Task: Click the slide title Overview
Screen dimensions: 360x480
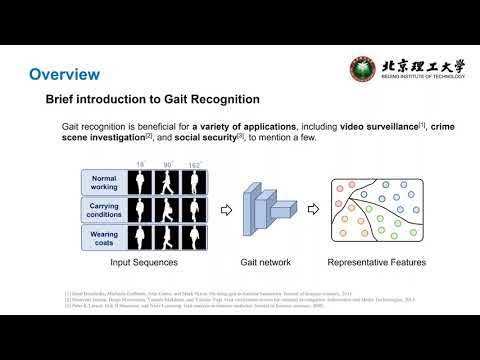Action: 64,75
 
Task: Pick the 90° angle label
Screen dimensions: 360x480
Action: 169,164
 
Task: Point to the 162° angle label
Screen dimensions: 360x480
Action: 197,164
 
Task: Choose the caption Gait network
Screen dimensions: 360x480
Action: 266,263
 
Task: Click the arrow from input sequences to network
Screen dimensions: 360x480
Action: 226,211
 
